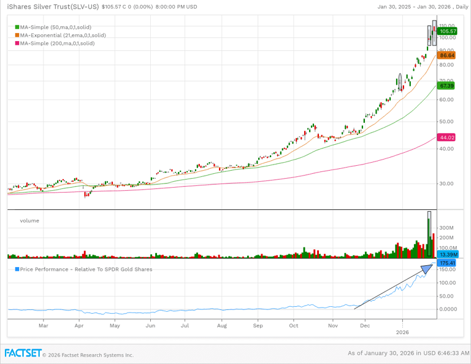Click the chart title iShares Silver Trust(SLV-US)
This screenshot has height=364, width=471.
[x=53, y=7]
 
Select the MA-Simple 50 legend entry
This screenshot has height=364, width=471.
[x=55, y=28]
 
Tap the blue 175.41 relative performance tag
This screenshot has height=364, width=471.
[x=448, y=263]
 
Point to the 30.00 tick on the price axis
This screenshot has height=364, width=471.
[x=446, y=184]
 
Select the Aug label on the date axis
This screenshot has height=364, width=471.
[x=222, y=327]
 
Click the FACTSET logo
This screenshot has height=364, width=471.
[x=23, y=354]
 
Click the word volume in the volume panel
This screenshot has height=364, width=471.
[x=29, y=220]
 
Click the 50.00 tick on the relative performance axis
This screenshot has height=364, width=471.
[x=446, y=296]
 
